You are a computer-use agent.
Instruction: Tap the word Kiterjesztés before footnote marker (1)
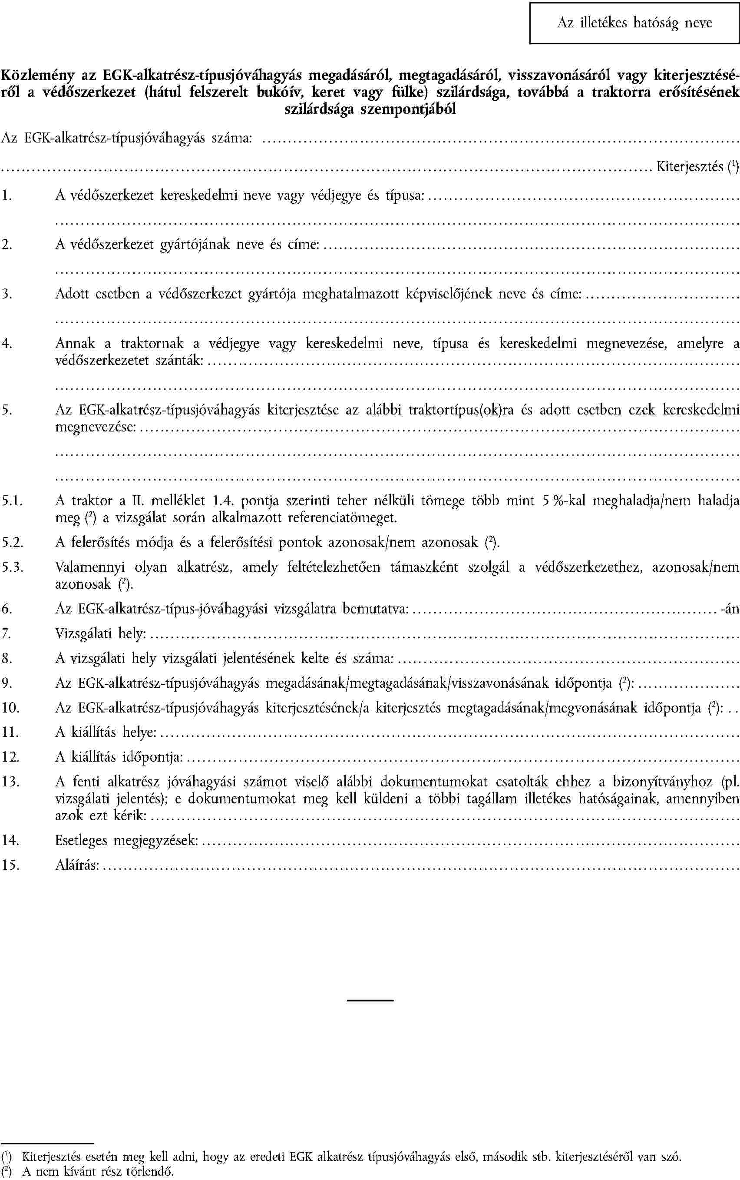click(689, 166)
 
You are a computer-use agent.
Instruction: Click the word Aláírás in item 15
click(77, 865)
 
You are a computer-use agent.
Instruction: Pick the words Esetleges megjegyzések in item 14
click(126, 840)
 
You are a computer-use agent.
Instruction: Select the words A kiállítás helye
click(106, 732)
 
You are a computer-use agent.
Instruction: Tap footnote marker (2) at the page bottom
click(6, 1171)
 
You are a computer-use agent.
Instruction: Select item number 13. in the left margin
click(10, 782)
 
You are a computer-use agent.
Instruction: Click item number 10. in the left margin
click(10, 707)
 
